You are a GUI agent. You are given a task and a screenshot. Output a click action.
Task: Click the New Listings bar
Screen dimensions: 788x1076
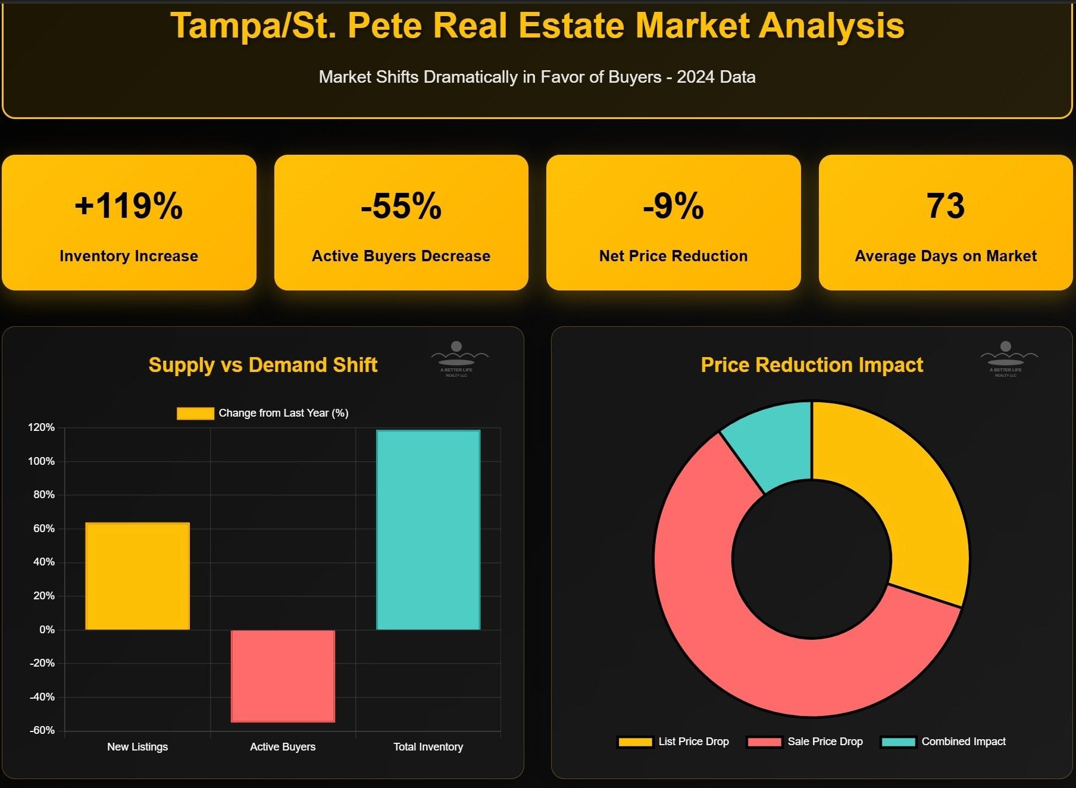point(137,576)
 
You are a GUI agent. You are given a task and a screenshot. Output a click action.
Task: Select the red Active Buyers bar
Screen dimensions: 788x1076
point(283,676)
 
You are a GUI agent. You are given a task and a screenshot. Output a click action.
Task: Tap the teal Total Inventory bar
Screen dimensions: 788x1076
point(428,530)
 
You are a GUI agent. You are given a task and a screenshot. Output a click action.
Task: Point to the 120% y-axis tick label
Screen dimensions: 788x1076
point(41,427)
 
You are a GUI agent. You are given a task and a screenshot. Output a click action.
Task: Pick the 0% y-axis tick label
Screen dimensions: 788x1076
point(46,630)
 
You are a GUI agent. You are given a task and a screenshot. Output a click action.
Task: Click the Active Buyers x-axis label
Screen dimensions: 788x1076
point(283,747)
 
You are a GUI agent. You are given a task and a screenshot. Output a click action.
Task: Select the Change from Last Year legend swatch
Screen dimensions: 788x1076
point(195,414)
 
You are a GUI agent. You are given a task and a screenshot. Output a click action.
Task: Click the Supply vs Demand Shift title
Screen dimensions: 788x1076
point(262,365)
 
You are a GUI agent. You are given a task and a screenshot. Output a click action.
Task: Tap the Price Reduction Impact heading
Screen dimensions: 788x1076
point(812,365)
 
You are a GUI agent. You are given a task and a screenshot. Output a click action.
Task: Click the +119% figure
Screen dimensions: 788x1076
point(129,206)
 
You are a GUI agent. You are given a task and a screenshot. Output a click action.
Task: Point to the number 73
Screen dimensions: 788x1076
point(945,206)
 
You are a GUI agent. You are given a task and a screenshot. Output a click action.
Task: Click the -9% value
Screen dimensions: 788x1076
point(673,206)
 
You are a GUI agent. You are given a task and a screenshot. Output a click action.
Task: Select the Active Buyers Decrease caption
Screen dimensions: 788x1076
point(401,256)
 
